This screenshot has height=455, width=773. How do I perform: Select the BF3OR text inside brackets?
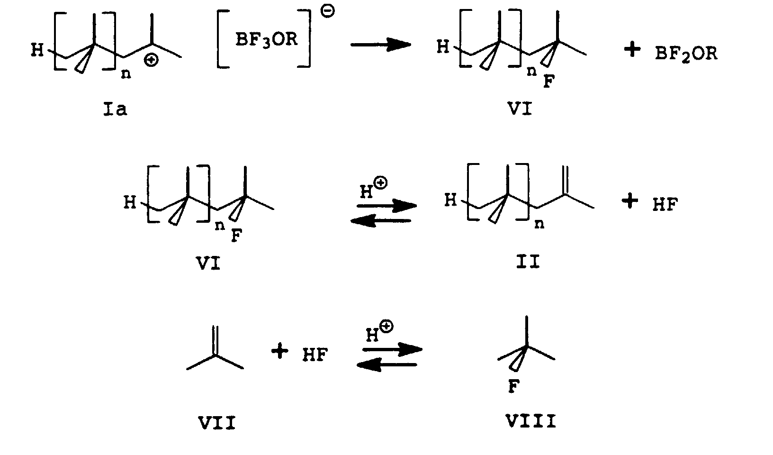tap(267, 39)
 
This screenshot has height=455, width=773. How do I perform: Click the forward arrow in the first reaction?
tap(380, 45)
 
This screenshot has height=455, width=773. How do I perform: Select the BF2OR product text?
tap(686, 54)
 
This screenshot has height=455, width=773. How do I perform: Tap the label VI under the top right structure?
tap(520, 110)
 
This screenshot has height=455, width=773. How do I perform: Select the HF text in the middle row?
tap(665, 205)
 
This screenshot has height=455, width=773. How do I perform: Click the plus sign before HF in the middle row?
tap(629, 202)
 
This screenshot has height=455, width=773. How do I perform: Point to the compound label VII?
tap(216, 422)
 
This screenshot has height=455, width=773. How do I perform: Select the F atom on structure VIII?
tap(513, 387)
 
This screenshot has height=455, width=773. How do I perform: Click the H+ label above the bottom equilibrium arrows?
tap(379, 333)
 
